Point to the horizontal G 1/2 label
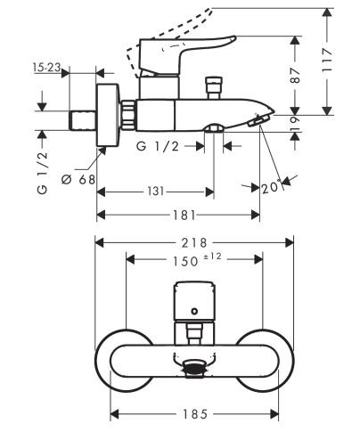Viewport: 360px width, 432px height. [x=161, y=145]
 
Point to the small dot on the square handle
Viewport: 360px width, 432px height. [x=193, y=313]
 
